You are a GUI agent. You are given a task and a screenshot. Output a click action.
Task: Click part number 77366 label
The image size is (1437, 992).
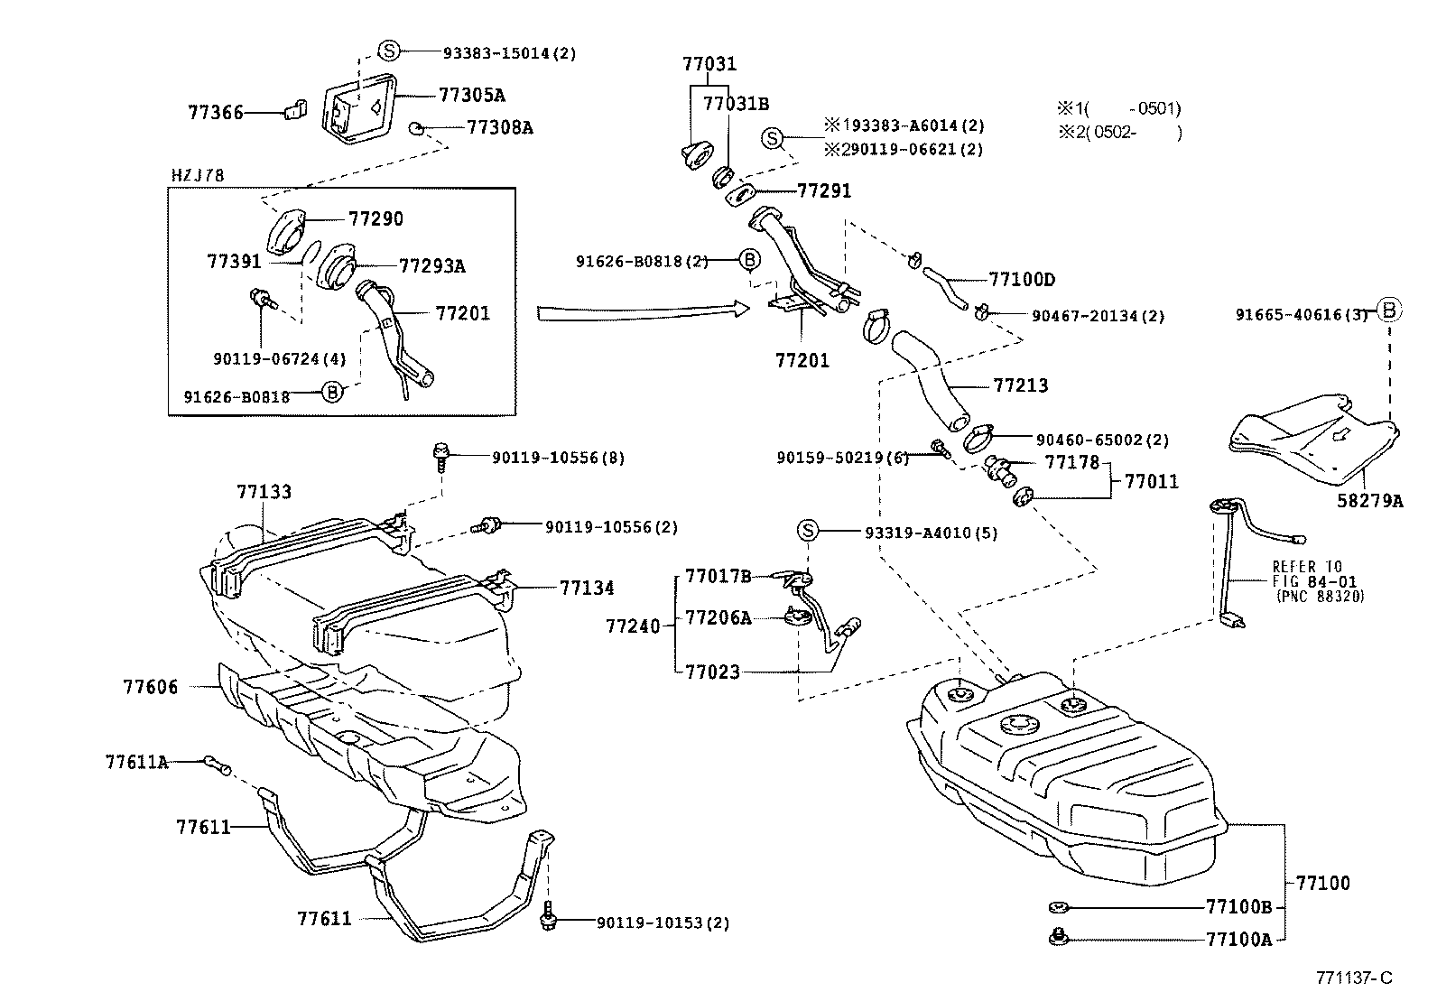(x=216, y=113)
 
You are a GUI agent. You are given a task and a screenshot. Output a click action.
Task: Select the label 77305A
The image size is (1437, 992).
(x=471, y=95)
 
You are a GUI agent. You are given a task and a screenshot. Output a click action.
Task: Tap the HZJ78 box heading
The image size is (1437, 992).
(x=197, y=176)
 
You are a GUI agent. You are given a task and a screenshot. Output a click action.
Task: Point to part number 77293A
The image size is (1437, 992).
(x=431, y=265)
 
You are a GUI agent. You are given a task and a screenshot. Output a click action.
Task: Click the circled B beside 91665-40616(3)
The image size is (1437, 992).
(x=1389, y=311)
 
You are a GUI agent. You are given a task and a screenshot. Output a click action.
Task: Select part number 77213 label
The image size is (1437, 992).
(x=1020, y=385)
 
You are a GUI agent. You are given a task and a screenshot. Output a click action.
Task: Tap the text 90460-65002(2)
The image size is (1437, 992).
(x=1101, y=440)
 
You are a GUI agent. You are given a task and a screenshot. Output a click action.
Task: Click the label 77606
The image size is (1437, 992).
(x=151, y=687)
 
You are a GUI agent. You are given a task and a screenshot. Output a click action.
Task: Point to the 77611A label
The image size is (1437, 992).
(x=136, y=762)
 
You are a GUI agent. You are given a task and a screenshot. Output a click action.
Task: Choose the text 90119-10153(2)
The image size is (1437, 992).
(x=663, y=922)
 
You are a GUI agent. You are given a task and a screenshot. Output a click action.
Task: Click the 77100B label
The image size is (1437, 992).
(x=1238, y=906)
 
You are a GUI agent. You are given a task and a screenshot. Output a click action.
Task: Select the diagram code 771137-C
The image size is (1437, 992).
(x=1354, y=978)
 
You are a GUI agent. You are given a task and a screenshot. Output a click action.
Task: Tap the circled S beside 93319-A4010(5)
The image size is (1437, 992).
(x=807, y=531)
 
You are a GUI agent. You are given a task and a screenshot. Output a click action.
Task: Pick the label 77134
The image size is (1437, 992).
(x=586, y=588)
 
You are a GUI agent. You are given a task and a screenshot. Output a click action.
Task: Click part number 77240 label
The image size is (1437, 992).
(x=633, y=626)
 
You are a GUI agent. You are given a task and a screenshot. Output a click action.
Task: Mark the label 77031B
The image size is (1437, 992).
(x=736, y=104)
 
